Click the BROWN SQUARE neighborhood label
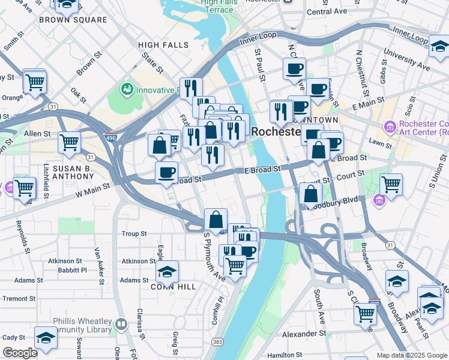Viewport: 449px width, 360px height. (x=73, y=20)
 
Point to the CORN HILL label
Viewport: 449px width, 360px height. (x=174, y=287)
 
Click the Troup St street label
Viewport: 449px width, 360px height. (x=134, y=233)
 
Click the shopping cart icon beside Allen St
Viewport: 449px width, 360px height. (x=69, y=143)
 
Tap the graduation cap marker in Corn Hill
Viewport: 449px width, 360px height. (x=167, y=272)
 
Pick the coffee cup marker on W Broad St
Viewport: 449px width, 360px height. (x=166, y=172)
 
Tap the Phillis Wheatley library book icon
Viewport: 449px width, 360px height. (x=121, y=325)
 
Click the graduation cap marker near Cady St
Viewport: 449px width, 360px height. (x=46, y=338)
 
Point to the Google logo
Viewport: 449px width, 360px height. (x=20, y=353)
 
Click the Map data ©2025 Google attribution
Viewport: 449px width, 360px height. (x=411, y=355)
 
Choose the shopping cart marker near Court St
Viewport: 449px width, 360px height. (x=391, y=184)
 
